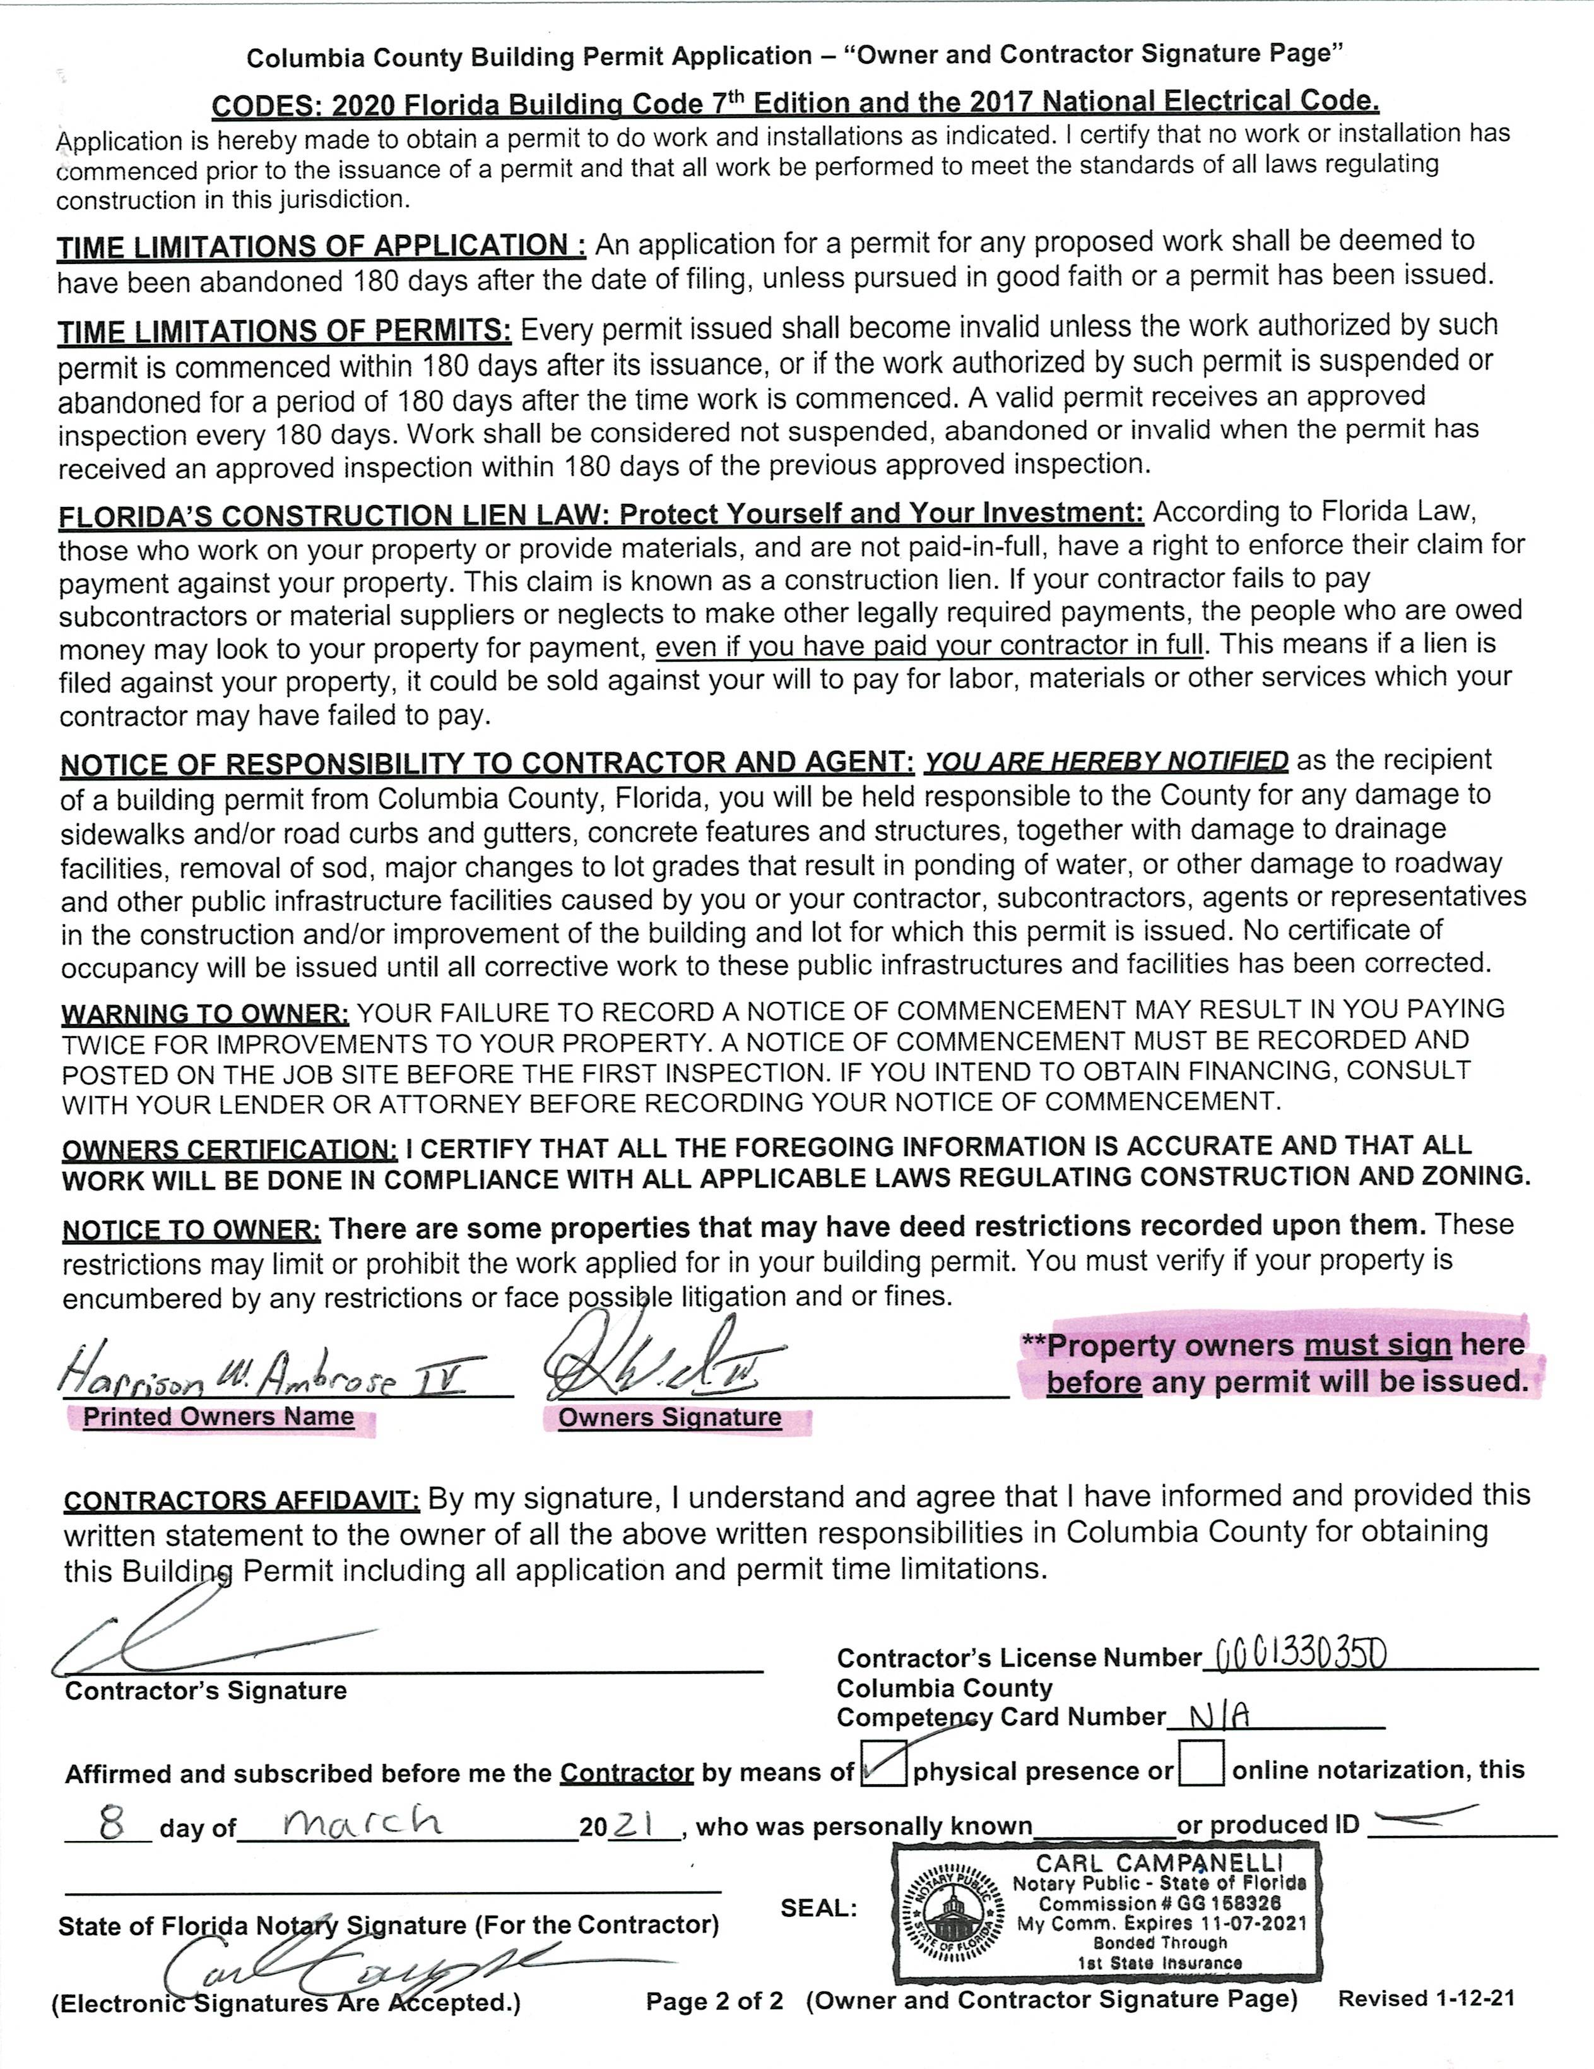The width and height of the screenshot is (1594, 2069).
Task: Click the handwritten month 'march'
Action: coord(363,1821)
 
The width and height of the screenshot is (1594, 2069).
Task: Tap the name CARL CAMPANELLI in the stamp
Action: coord(1160,1864)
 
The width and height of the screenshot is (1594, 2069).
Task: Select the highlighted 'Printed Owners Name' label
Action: coord(219,1417)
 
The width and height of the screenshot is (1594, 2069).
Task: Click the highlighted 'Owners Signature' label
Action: coord(670,1418)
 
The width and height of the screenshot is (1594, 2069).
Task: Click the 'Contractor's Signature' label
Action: coord(206,1691)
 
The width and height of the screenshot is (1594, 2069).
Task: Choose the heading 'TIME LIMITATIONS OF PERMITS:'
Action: coord(284,331)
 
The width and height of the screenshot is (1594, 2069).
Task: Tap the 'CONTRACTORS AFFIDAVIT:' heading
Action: coord(242,1501)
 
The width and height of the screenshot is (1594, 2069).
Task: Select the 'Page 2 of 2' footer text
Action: coord(714,2001)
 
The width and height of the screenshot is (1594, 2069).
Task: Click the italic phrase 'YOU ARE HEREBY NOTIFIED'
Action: coord(1106,761)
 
